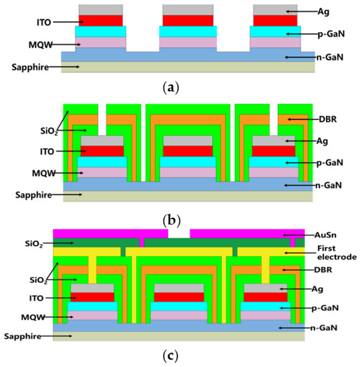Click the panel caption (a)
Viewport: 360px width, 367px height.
click(180, 85)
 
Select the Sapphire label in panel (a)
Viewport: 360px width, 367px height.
click(29, 67)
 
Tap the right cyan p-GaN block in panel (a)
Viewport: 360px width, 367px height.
click(273, 31)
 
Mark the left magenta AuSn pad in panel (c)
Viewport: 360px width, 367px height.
click(110, 233)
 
